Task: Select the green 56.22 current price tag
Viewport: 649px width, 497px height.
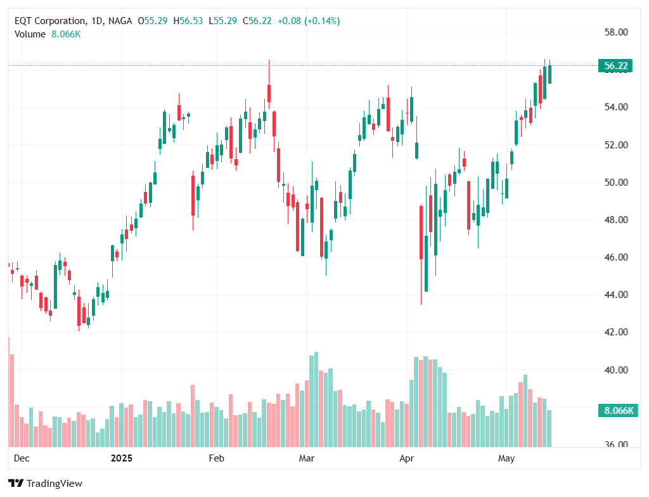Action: point(615,66)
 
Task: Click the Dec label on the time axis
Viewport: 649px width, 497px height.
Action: point(21,458)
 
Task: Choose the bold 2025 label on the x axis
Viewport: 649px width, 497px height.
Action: point(121,458)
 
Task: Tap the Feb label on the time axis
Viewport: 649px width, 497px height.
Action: point(217,458)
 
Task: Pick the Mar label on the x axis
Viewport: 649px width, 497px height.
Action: point(307,458)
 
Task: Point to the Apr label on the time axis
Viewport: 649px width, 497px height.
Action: point(406,458)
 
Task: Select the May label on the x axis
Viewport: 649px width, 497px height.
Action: point(506,458)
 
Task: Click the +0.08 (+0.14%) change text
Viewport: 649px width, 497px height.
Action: point(308,21)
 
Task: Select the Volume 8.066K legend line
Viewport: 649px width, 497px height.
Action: point(48,34)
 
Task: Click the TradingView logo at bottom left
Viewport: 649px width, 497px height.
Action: point(46,483)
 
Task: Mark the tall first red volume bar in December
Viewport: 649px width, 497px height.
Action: point(8,392)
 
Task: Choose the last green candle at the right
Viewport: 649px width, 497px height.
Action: point(549,74)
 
